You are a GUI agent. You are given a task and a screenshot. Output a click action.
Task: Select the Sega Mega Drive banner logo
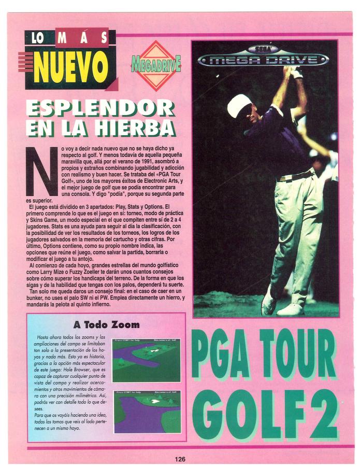pos(264,57)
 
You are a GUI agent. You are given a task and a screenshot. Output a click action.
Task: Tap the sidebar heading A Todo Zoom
pos(106,325)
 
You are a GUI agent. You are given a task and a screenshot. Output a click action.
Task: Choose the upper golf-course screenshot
pos(147,360)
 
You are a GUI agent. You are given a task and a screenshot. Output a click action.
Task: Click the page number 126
pos(180,459)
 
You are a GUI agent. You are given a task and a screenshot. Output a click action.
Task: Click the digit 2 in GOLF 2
pos(325,412)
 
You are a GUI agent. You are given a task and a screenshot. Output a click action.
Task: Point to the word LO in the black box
pos(38,38)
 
